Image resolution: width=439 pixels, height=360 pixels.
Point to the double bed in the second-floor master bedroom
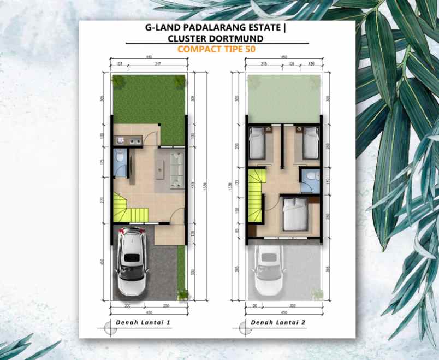(x=295, y=215)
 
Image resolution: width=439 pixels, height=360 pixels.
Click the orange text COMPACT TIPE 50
(x=217, y=49)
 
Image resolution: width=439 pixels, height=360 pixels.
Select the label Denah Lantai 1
(x=143, y=323)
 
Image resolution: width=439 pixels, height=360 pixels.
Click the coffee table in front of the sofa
(x=162, y=170)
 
